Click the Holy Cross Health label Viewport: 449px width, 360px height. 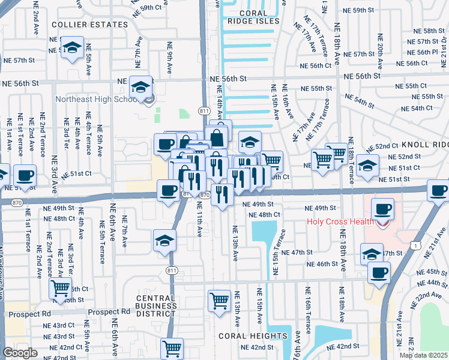point(339,221)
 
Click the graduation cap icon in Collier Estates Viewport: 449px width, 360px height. point(72,47)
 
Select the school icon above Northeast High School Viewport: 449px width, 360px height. point(140,88)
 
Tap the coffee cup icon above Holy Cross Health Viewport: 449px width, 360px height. point(382,209)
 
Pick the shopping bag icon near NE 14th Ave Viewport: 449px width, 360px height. point(217,137)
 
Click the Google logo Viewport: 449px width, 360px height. point(20,353)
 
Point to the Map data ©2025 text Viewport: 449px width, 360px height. point(423,355)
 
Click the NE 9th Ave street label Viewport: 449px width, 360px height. point(170,61)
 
